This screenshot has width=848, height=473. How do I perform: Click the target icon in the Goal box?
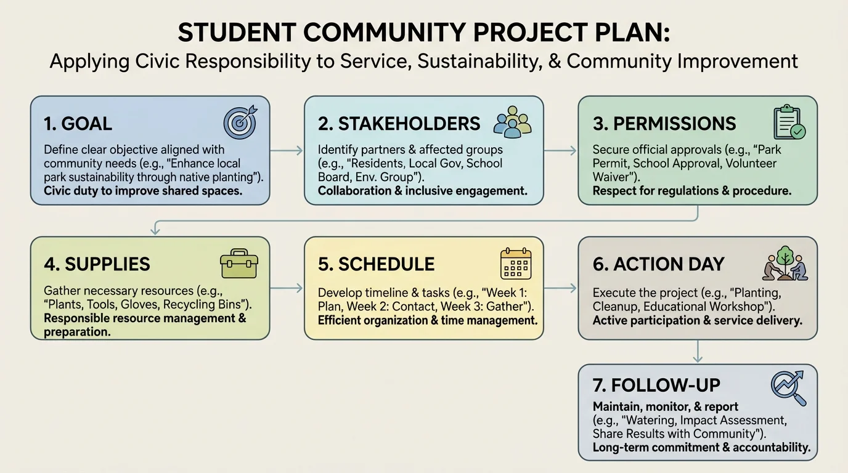point(240,123)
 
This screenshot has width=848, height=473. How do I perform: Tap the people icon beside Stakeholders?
point(513,122)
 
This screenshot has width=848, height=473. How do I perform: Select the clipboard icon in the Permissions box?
point(789,123)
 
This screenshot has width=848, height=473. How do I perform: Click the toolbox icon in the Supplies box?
point(239,264)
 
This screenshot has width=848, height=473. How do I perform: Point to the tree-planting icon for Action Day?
point(785,264)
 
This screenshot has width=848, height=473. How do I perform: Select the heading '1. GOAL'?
point(78,123)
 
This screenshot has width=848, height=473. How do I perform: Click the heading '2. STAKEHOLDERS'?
point(399,123)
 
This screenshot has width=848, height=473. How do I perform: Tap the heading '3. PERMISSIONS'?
point(664,123)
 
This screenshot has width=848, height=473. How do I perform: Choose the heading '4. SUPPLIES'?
point(97,264)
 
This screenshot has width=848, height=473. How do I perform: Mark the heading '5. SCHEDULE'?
point(377,264)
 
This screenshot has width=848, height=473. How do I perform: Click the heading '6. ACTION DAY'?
point(659,264)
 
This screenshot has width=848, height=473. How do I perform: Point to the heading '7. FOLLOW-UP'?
point(656,386)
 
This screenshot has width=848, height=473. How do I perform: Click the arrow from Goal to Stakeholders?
point(287,150)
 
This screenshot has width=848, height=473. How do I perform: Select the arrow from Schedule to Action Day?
point(560,288)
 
